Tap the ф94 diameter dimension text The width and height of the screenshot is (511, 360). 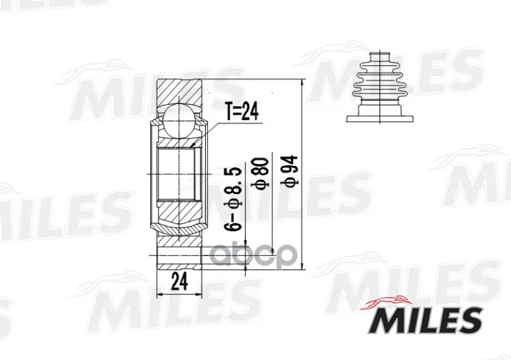tap(289, 171)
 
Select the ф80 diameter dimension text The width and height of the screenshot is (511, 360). tap(261, 173)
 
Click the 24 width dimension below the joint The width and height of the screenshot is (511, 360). tap(179, 281)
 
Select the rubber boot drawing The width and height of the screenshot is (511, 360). tap(380, 87)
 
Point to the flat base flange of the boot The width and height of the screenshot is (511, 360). tap(380, 119)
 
